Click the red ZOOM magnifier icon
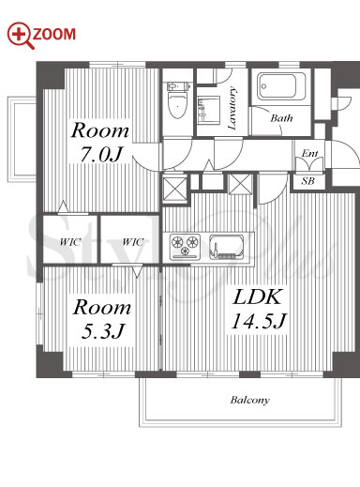click(20, 35)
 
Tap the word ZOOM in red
click(54, 35)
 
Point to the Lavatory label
click(232, 108)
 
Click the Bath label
click(281, 118)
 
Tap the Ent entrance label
click(309, 154)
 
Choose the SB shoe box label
click(307, 181)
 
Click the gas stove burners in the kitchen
click(185, 247)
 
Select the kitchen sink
click(227, 247)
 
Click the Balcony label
click(249, 400)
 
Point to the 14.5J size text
click(258, 321)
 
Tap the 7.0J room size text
click(101, 154)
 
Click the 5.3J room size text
click(103, 331)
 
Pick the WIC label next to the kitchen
click(133, 242)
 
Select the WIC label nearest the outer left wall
click(70, 242)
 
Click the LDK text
click(257, 297)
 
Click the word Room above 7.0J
click(100, 130)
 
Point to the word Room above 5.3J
click(102, 307)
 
